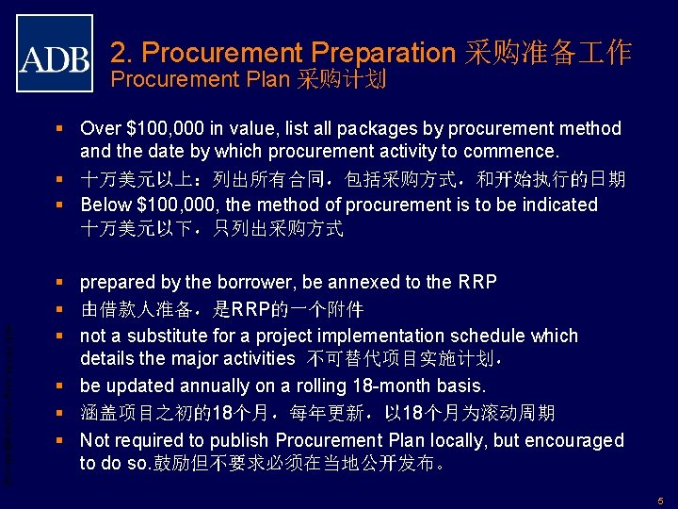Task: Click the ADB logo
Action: [x=55, y=53]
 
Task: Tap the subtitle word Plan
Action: [x=267, y=79]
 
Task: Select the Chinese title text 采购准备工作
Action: [x=547, y=52]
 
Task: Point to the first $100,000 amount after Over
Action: [x=164, y=128]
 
